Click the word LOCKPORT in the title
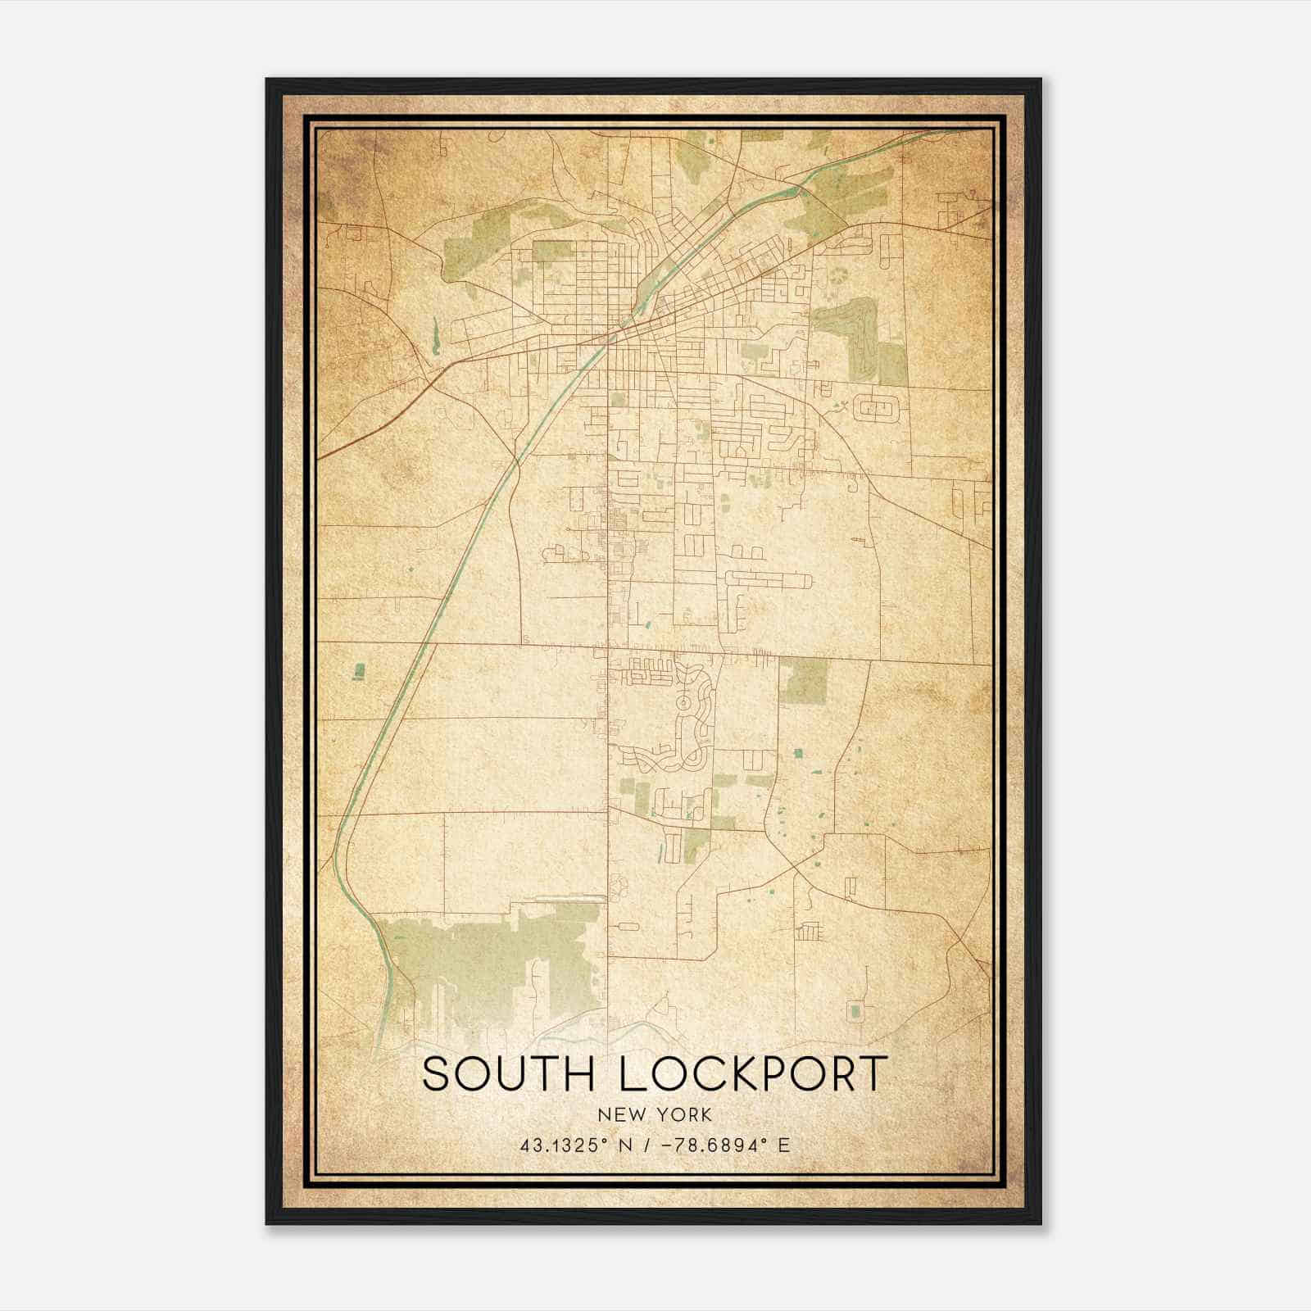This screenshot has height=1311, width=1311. pyautogui.click(x=752, y=1074)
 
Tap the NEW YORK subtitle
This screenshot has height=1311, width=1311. pyautogui.click(x=655, y=1115)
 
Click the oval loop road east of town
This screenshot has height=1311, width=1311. pyautogui.click(x=876, y=407)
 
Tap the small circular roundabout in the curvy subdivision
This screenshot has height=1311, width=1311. pyautogui.click(x=683, y=702)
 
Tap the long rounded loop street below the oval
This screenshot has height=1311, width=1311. pyautogui.click(x=768, y=580)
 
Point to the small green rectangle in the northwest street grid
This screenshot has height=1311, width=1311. pyautogui.click(x=554, y=251)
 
